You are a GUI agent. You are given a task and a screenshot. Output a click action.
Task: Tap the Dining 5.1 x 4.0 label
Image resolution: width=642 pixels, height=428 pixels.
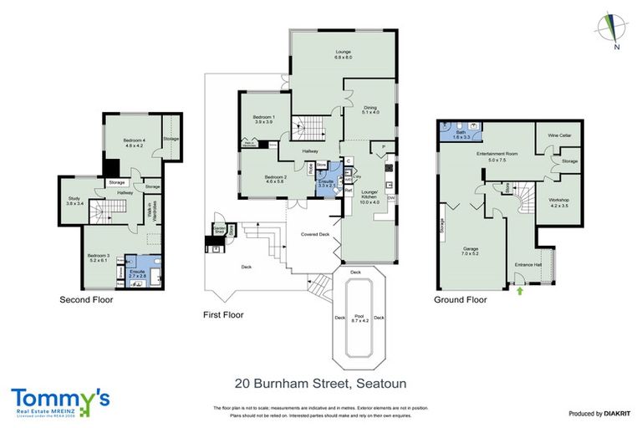(370, 110)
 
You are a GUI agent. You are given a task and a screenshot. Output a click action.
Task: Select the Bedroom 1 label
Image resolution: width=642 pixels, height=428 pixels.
(263, 120)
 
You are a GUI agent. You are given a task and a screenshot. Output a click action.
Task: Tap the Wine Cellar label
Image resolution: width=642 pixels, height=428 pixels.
(558, 135)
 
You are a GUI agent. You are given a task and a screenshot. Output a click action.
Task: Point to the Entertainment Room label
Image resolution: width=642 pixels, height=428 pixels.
(492, 156)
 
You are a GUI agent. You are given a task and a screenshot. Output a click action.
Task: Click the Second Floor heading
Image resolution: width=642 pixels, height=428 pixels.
(85, 299)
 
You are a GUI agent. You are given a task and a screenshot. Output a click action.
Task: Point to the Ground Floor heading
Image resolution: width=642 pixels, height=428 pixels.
(460, 299)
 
